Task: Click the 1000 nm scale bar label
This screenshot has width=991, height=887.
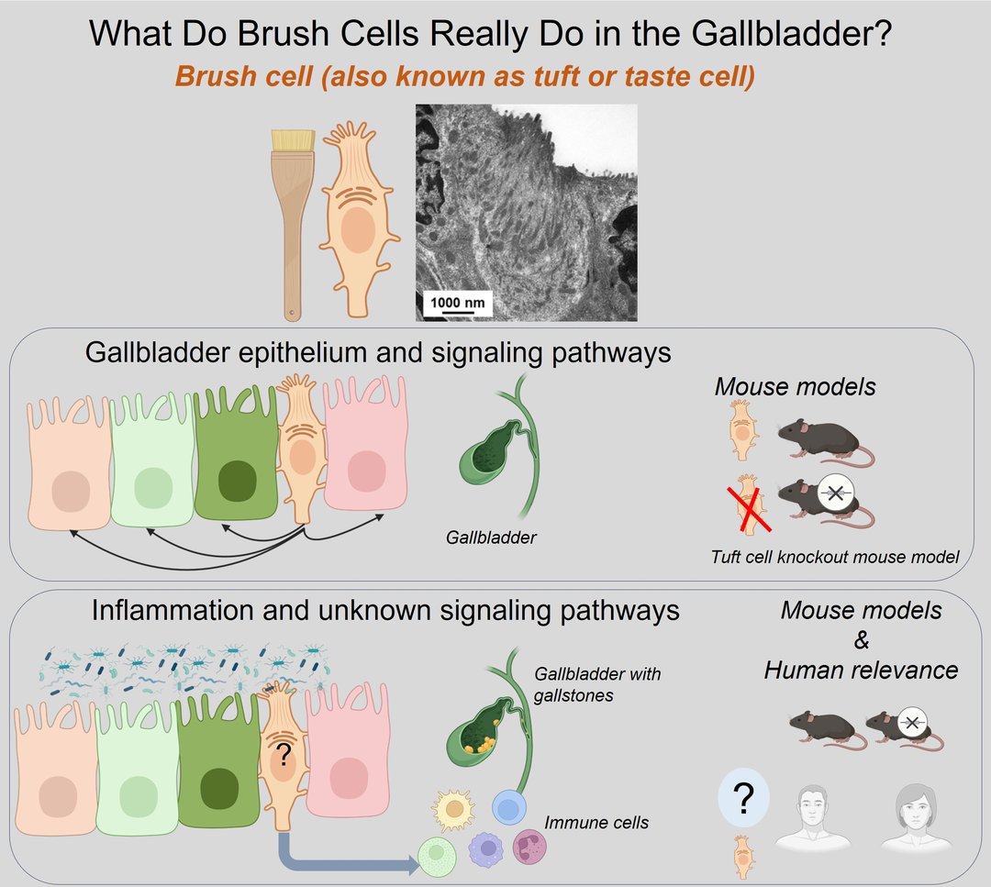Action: (x=458, y=302)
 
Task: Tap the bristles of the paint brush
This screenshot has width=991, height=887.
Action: (x=294, y=139)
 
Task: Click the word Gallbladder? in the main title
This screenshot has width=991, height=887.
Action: (x=791, y=34)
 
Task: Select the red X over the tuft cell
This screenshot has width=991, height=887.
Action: (x=750, y=508)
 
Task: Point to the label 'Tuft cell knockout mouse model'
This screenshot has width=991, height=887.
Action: (x=835, y=557)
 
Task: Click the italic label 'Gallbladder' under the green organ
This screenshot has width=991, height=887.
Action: (x=491, y=538)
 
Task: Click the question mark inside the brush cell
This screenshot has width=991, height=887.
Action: (x=284, y=752)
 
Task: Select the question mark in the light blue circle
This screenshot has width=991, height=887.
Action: (x=744, y=798)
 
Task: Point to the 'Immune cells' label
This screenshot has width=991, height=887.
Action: (x=596, y=823)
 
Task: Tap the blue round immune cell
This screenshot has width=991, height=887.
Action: (x=509, y=807)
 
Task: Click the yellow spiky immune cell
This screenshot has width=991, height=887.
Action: (x=454, y=809)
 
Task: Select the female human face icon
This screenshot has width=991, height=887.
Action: (x=915, y=817)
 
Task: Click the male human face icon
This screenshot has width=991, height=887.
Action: (x=812, y=817)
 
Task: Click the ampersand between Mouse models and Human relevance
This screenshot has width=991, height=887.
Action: (x=861, y=640)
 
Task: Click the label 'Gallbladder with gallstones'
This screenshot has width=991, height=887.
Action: (x=596, y=684)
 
